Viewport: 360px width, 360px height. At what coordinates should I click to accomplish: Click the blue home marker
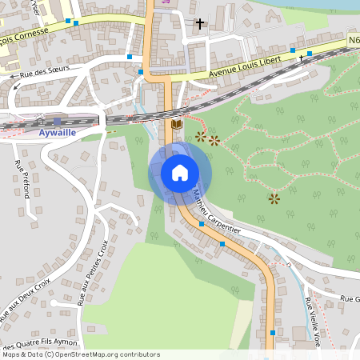click(180, 173)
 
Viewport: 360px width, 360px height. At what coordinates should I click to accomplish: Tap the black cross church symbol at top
click(199, 24)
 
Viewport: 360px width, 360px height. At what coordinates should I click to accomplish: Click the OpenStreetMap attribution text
click(81, 354)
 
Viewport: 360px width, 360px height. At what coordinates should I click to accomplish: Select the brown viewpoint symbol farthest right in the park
click(274, 198)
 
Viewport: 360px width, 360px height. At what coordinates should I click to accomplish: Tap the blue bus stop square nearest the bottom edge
click(273, 332)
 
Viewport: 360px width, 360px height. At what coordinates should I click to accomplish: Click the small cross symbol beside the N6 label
click(302, 58)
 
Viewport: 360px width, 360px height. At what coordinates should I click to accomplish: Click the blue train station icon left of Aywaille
click(56, 121)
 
